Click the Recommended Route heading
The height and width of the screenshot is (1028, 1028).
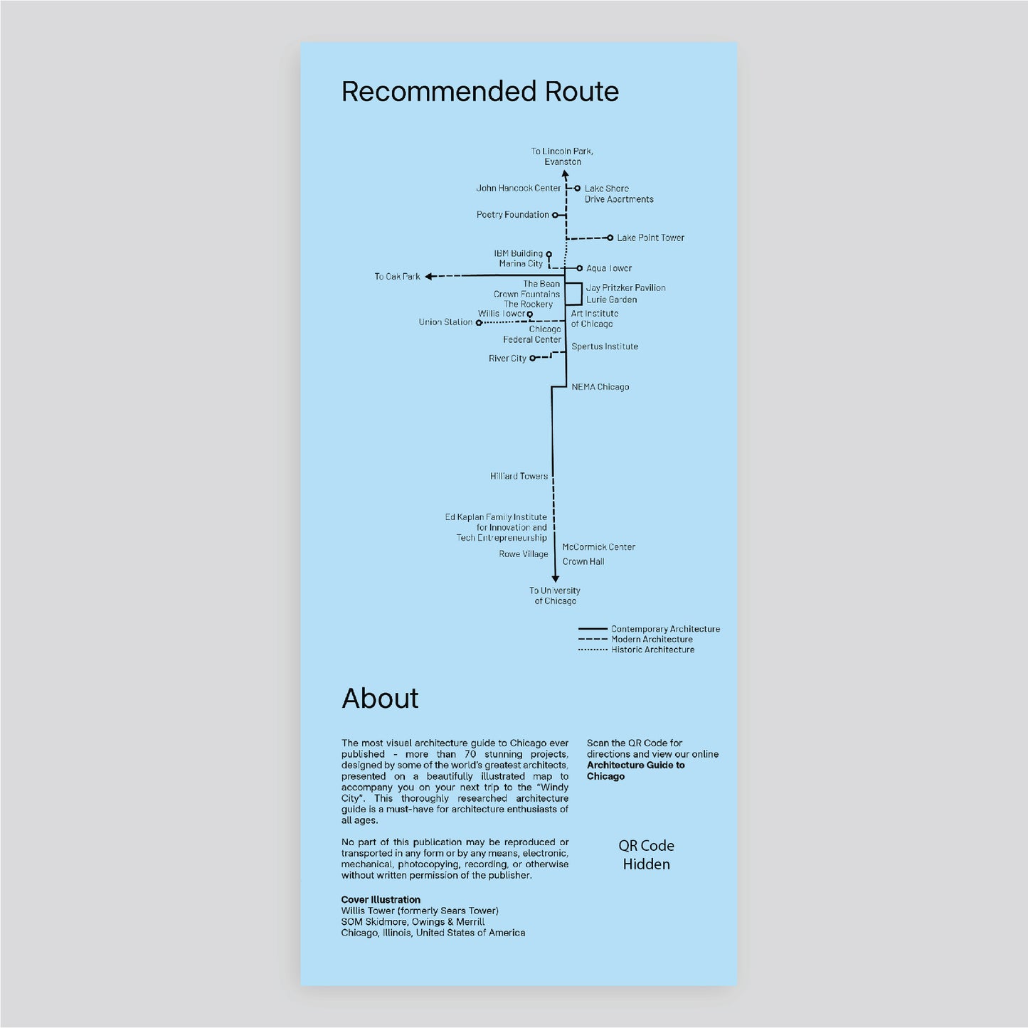(x=479, y=91)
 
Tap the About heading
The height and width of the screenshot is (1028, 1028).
(x=380, y=698)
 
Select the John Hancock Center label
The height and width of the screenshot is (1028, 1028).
(x=519, y=188)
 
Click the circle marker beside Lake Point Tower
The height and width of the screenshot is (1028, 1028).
(x=610, y=238)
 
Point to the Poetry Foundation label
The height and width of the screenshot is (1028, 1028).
(x=513, y=214)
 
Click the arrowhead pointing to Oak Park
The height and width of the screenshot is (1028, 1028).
(x=428, y=276)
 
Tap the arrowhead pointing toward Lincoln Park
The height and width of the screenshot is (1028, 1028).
(x=566, y=174)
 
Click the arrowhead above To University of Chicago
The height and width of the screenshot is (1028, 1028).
(x=556, y=579)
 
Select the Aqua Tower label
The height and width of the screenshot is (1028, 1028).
(x=609, y=267)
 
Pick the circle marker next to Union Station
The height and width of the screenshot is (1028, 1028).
(x=479, y=322)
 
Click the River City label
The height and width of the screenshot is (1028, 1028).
(x=507, y=358)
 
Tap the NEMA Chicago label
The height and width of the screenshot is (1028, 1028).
(x=600, y=387)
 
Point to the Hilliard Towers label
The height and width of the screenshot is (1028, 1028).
(x=519, y=476)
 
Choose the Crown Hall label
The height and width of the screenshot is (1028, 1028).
(x=583, y=561)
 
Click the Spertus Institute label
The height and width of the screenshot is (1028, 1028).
(x=605, y=346)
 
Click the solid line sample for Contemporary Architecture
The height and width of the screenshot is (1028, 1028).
(x=593, y=629)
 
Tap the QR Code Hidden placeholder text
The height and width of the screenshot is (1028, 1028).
(x=646, y=854)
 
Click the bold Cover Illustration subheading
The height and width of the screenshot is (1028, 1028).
(x=381, y=899)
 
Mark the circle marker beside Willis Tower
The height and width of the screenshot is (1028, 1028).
(x=530, y=314)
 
